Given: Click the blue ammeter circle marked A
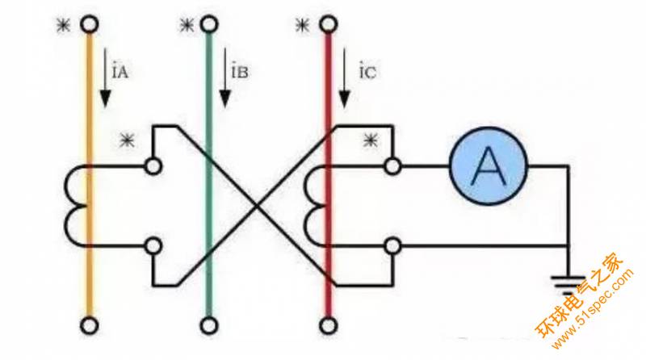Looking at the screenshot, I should (x=488, y=166).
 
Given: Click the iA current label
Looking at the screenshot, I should (x=122, y=73).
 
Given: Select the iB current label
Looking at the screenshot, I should (x=240, y=73).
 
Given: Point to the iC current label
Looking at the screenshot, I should (x=366, y=73).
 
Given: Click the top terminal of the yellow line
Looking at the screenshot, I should (x=90, y=25).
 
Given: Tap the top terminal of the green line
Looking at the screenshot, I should (x=209, y=25).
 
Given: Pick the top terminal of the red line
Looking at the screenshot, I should (x=328, y=25).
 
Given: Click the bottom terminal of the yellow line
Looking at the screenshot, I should (x=90, y=325).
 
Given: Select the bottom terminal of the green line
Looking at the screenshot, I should (x=209, y=325).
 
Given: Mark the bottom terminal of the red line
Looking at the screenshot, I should (x=328, y=325).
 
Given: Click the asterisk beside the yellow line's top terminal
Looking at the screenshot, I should (x=62, y=25).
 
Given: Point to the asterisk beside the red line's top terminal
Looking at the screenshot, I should (x=302, y=25).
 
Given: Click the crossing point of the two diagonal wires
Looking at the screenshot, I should (x=257, y=205).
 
